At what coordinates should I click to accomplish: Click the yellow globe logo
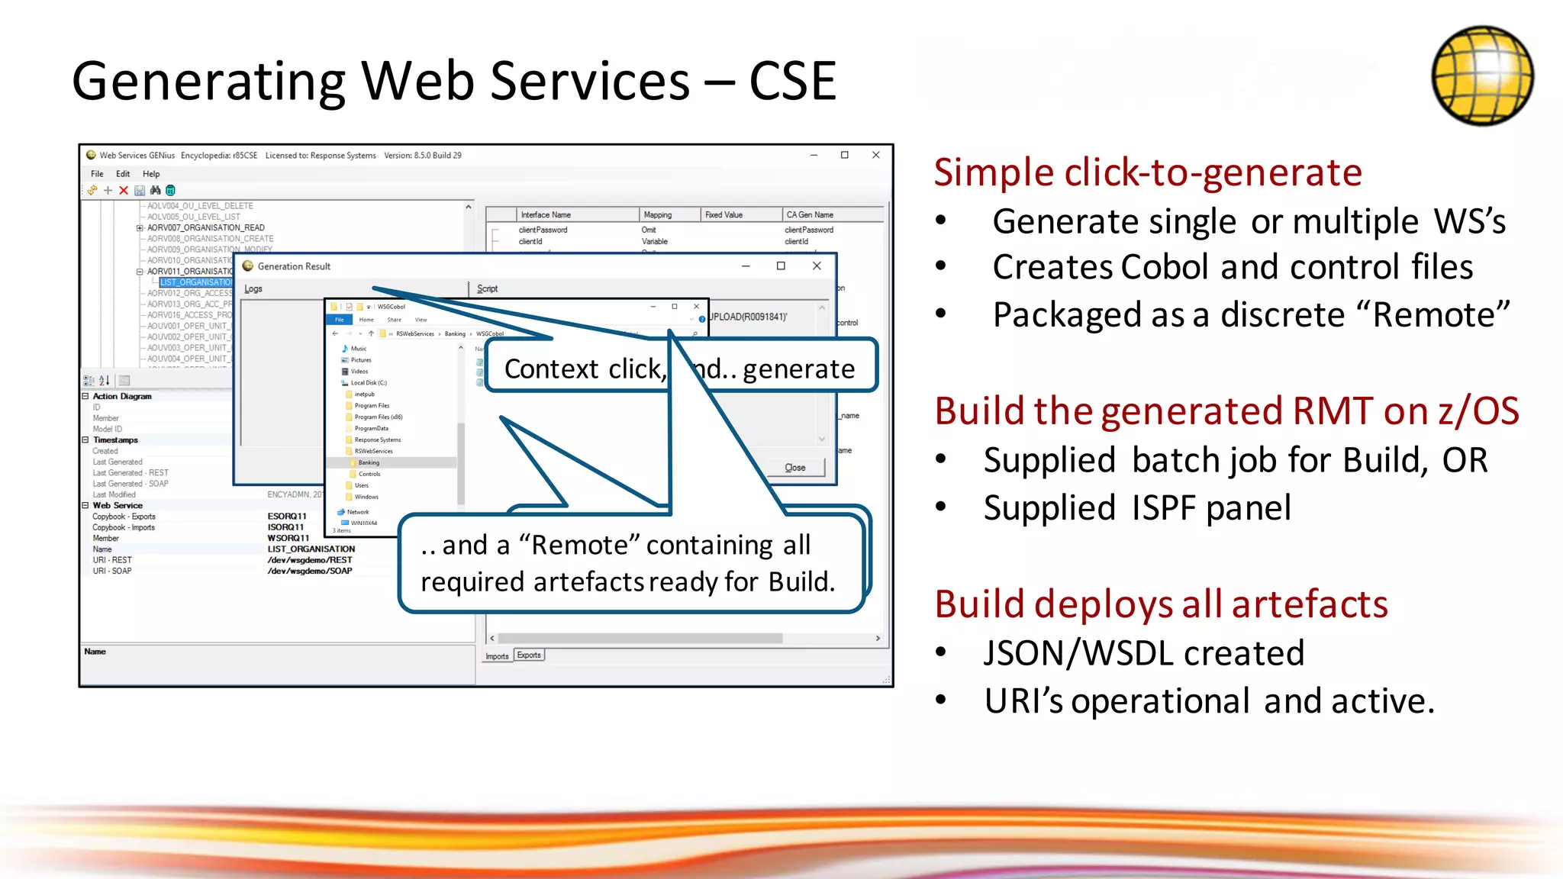[x=1481, y=76]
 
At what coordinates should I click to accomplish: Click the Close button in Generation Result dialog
[x=795, y=468]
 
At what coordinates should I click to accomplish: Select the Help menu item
[x=151, y=174]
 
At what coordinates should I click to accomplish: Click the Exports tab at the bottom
[x=529, y=655]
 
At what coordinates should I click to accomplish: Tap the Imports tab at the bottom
[x=497, y=656]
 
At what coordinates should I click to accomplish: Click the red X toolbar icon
[x=124, y=191]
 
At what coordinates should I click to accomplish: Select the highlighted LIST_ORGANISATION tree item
[x=195, y=282]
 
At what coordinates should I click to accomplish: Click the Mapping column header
[x=658, y=215]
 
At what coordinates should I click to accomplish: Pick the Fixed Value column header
[x=724, y=215]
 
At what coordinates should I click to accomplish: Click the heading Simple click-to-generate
[x=1147, y=172]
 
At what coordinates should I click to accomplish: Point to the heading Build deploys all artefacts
[x=1160, y=604]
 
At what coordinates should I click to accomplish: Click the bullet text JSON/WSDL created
[x=1143, y=654]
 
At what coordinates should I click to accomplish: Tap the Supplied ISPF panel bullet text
[x=1136, y=508]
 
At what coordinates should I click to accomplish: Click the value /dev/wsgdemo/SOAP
[x=310, y=571]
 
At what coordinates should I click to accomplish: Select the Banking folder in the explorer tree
[x=369, y=462]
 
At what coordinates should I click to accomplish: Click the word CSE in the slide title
[x=793, y=82]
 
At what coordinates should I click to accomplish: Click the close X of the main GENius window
[x=876, y=155]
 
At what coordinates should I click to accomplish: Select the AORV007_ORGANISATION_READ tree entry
[x=205, y=227]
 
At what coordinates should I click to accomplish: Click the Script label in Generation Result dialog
[x=487, y=288]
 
